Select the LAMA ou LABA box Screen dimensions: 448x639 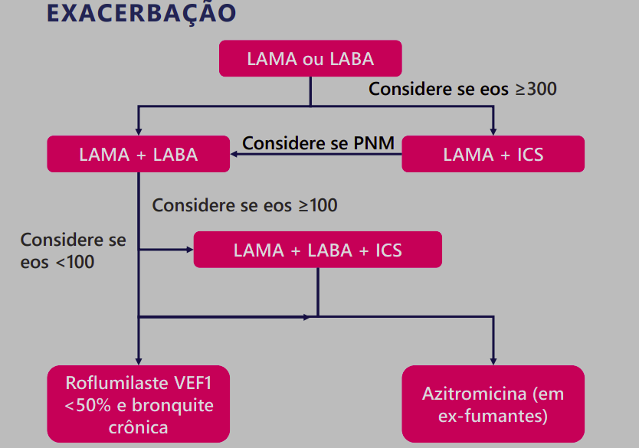[310, 58]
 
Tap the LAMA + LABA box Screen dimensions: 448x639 [139, 154]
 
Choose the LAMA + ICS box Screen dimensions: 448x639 [493, 154]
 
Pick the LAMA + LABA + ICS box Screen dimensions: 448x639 [317, 250]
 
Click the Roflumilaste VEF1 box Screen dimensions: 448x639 [139, 404]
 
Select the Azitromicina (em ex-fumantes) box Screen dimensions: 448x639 [493, 405]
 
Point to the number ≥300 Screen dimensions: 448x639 [536, 89]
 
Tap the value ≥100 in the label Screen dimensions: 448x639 [317, 205]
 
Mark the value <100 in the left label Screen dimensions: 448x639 [74, 262]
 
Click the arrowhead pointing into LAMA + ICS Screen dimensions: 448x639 [493, 131]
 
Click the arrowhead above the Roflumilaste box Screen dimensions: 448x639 [139, 360]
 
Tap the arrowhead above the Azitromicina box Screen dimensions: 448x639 [493, 360]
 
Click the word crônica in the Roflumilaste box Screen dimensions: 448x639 [139, 426]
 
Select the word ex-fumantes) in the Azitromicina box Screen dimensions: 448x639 [493, 417]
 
